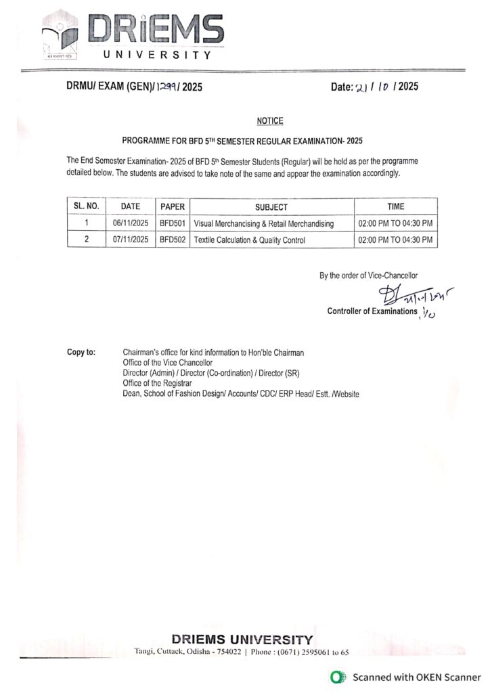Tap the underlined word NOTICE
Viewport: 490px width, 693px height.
tap(270, 120)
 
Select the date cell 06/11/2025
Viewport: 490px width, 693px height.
tap(131, 223)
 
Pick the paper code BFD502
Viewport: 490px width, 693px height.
tap(173, 240)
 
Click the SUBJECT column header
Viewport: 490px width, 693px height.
tap(271, 207)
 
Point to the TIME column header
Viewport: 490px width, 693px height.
tap(396, 207)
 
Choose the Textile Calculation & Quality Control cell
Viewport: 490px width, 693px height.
tap(250, 240)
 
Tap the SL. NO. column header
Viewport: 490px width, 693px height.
tap(87, 207)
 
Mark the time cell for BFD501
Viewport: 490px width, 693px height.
tap(396, 223)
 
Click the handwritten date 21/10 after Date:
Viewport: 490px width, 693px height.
tap(377, 87)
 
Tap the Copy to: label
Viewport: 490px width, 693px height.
tap(81, 353)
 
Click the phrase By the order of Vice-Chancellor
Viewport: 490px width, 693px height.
tap(369, 275)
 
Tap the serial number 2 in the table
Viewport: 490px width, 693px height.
tap(87, 240)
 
